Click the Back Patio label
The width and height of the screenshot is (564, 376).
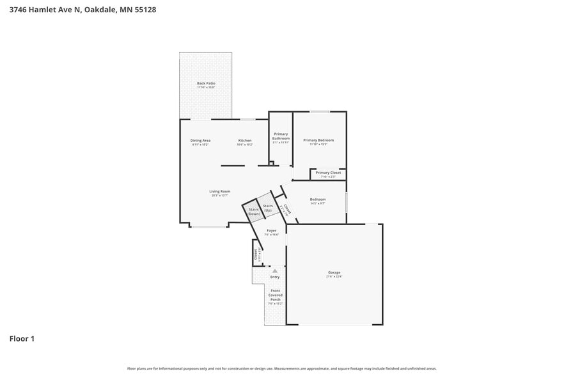[x=205, y=84]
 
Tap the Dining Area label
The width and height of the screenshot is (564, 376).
[x=200, y=141]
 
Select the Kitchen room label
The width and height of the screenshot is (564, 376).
[x=245, y=141]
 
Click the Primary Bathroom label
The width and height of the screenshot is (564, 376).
[x=281, y=136]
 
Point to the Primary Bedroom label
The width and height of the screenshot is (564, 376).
[x=318, y=141]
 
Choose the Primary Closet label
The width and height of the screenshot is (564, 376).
[x=328, y=173]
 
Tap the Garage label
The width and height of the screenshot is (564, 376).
[x=334, y=272]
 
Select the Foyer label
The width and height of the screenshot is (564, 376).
[x=272, y=231]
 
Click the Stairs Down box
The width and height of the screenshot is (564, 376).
[x=254, y=212]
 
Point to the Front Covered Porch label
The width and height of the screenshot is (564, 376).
[x=275, y=295]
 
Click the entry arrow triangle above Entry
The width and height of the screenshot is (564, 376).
[x=275, y=271]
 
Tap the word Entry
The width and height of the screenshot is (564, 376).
[x=275, y=277]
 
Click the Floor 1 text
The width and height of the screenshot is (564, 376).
[x=22, y=338]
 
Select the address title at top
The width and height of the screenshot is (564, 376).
[x=82, y=10]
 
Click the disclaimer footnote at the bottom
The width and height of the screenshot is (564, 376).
[x=282, y=368]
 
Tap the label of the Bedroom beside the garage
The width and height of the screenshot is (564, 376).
[x=318, y=200]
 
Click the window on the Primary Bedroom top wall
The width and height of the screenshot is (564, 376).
[x=320, y=112]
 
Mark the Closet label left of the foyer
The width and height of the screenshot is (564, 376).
[x=256, y=255]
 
